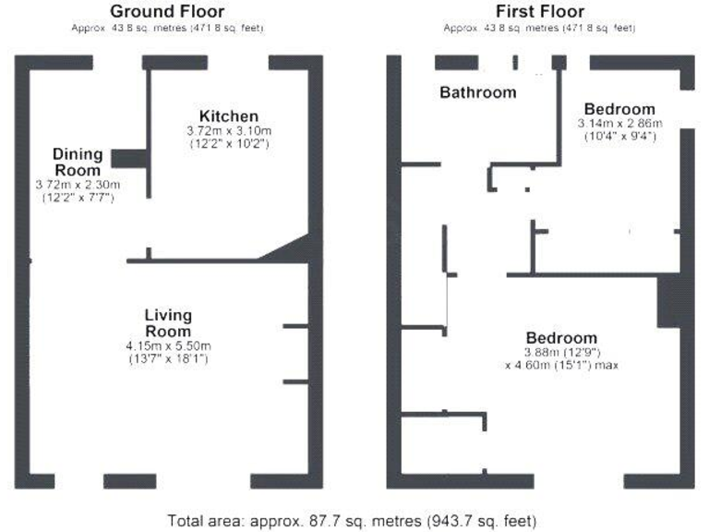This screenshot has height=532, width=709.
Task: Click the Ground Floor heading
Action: click(167, 11)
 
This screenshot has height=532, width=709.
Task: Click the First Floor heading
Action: click(539, 11)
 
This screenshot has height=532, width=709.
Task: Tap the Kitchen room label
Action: click(229, 116)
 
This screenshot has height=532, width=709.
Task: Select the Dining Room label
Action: click(77, 162)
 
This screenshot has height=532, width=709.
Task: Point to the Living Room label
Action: click(168, 323)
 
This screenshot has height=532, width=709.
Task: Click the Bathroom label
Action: click(477, 92)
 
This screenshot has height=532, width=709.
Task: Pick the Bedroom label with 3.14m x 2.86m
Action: click(619, 109)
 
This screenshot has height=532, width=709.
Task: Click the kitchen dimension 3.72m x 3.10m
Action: click(229, 131)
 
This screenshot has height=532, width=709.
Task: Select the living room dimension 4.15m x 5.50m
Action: click(168, 345)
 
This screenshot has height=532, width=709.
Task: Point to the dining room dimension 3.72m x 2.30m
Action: click(77, 185)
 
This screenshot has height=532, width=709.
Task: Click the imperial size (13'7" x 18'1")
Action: click(168, 358)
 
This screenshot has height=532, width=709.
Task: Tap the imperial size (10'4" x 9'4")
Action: click(617, 137)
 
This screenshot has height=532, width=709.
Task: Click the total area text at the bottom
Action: click(352, 520)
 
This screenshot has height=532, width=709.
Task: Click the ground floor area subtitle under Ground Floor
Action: click(167, 29)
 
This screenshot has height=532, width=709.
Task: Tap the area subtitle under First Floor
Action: click(539, 29)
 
